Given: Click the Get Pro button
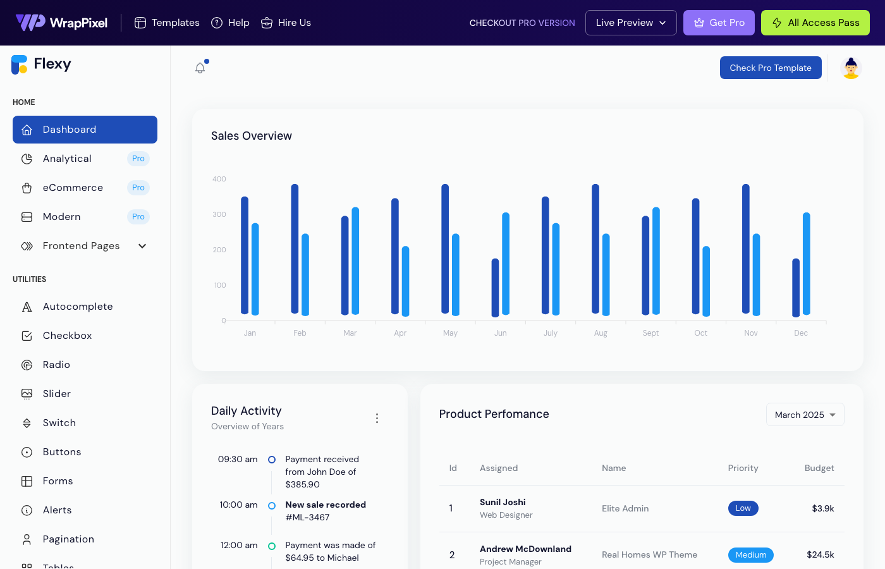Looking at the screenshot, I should click(x=719, y=23).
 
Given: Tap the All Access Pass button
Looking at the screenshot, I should click(x=815, y=23).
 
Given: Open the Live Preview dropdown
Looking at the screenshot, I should click(x=630, y=23).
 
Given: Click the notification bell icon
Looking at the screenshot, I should click(x=200, y=68).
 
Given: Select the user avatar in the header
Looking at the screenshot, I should click(x=851, y=68).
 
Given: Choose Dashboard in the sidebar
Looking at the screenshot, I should click(x=85, y=130).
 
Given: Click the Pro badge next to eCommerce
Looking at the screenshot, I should click(x=138, y=188).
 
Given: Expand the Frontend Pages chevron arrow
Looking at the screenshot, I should click(x=142, y=246).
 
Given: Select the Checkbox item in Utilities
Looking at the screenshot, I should click(x=67, y=336).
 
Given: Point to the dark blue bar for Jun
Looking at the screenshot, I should click(x=495, y=288).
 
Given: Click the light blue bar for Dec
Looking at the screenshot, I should click(x=806, y=264).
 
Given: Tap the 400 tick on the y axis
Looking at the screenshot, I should click(x=219, y=179).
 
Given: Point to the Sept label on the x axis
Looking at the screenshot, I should click(x=650, y=333).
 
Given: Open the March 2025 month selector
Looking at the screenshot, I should click(x=805, y=415).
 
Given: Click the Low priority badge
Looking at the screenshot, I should click(x=743, y=508).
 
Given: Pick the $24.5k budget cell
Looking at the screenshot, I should click(x=820, y=554).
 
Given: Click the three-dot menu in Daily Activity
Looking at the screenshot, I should click(x=377, y=419).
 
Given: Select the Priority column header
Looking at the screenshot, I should click(x=743, y=468).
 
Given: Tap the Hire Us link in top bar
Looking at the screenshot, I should click(x=286, y=23).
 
